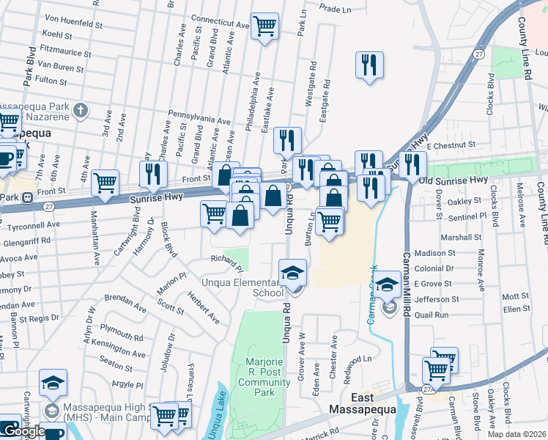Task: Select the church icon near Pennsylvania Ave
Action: [81, 111]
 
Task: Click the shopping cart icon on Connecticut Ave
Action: [264, 26]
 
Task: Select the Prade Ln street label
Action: [337, 9]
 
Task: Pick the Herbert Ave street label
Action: [203, 309]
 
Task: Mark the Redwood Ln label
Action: [359, 361]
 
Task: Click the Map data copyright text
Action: [516, 434]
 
